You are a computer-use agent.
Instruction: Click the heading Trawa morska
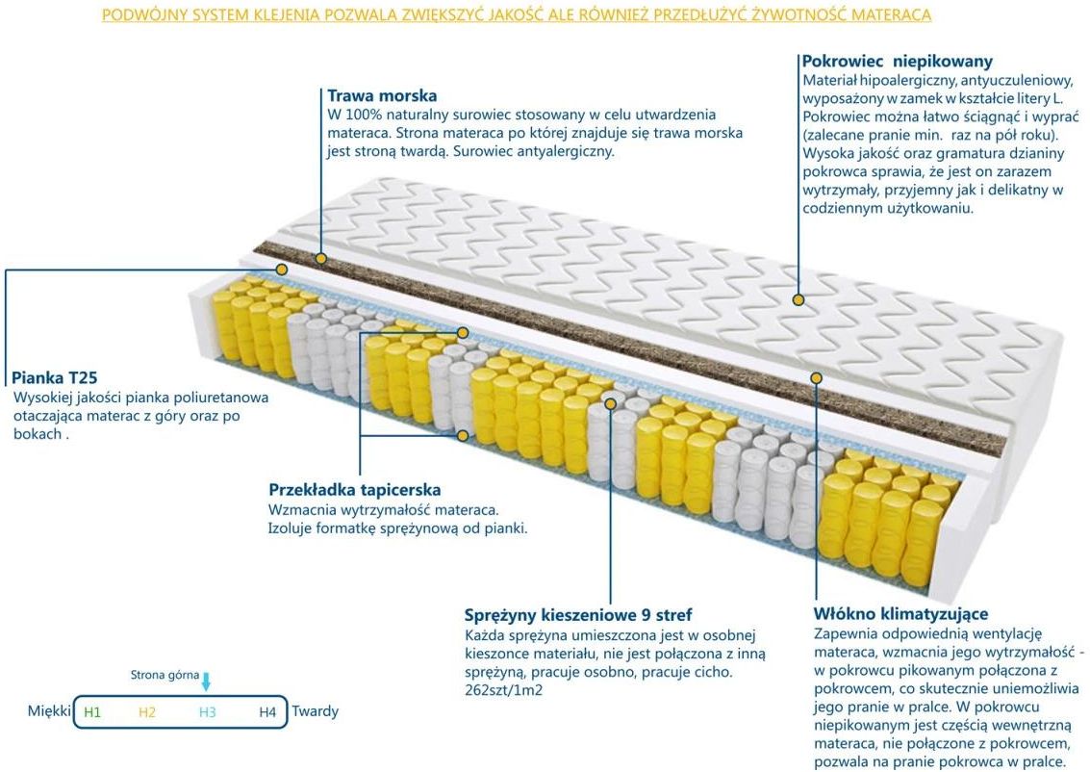coord(382,95)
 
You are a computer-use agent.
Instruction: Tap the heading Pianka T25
coord(54,378)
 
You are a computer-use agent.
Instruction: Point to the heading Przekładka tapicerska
coord(354,490)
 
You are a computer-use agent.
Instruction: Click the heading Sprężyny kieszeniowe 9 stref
coord(577,615)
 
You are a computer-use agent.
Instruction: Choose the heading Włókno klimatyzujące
coord(900,614)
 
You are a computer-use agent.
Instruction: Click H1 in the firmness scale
coord(92,712)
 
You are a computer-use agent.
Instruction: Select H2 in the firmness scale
coord(146,712)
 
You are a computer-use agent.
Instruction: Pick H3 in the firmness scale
coord(208,712)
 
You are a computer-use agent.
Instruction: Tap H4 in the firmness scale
coord(267,712)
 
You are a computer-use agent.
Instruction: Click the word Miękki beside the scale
coord(50,712)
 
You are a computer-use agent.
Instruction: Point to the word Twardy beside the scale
coord(315,712)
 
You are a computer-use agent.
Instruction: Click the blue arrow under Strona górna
coord(206,682)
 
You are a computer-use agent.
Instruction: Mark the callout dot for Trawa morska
coord(321,259)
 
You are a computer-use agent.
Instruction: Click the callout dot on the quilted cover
coord(798,300)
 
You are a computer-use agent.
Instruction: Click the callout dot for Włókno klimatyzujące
coord(816,378)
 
